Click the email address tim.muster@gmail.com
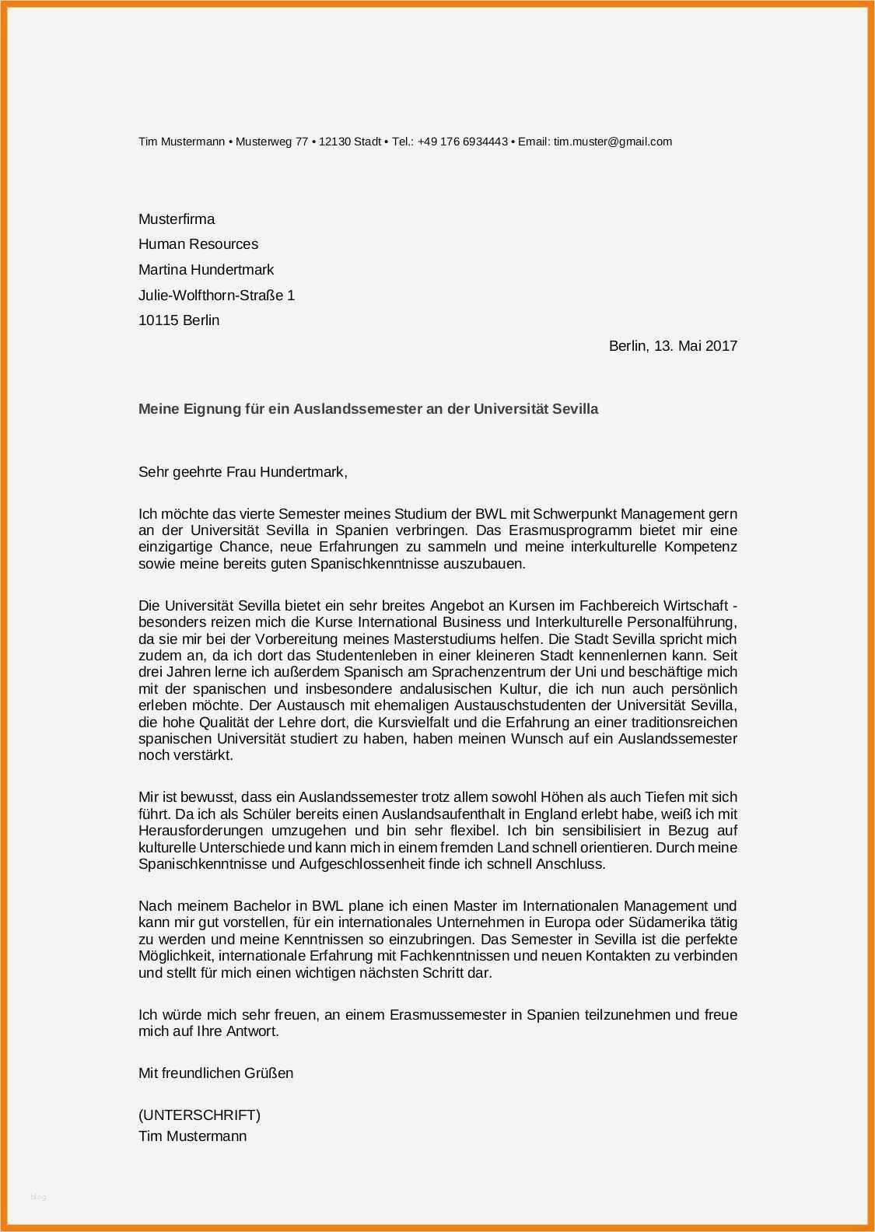[612, 142]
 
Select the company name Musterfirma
[177, 219]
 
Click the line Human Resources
[198, 244]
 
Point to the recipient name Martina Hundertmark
[206, 270]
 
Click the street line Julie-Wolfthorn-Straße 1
[216, 296]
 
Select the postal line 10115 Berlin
[179, 320]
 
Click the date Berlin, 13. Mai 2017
[673, 345]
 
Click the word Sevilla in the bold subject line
[575, 408]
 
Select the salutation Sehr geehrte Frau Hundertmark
[242, 471]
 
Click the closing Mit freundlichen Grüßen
[215, 1073]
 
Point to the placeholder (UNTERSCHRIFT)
[199, 1115]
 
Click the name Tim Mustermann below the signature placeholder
[192, 1136]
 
